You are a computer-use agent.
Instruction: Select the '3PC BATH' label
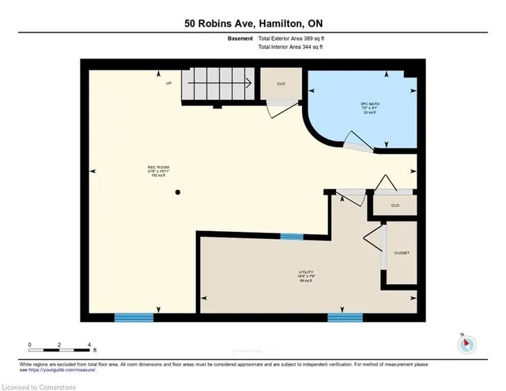363,105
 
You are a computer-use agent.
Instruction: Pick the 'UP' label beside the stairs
168,82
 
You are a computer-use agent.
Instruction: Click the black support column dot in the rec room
179,192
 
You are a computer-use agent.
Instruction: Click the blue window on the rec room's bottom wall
134,317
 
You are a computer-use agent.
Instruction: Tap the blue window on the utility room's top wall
293,235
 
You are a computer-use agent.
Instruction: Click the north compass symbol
466,343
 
